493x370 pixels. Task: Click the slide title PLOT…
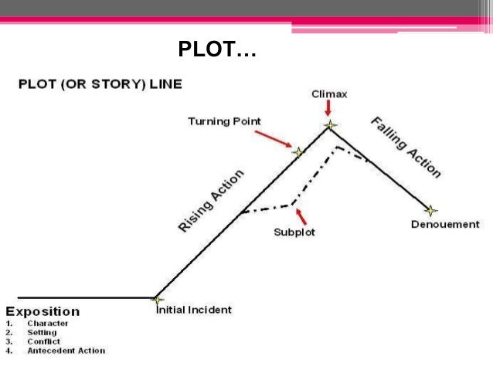tap(217, 51)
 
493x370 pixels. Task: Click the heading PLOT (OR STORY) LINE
tap(100, 83)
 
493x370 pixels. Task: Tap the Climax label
tap(329, 94)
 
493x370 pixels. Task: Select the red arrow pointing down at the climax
tap(329, 110)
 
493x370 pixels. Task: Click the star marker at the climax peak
tap(331, 124)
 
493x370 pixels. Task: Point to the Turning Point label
tap(224, 121)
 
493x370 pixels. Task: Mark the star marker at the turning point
tap(298, 152)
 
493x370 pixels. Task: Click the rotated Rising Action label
tap(211, 200)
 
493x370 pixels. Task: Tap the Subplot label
tap(294, 232)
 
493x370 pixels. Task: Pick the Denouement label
tap(445, 225)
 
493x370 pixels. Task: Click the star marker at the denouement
tap(431, 210)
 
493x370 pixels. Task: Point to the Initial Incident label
tap(194, 310)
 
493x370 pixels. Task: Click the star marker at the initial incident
tap(158, 300)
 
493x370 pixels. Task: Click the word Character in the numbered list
tap(48, 323)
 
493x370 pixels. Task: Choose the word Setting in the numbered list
tap(42, 332)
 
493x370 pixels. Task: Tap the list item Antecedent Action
tap(66, 351)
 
